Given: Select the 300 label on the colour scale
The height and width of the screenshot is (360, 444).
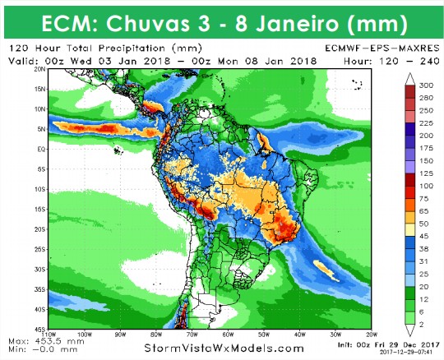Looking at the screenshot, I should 426,85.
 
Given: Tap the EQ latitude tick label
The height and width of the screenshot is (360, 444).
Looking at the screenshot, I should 39,149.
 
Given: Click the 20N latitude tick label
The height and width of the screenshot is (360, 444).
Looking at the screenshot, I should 39,70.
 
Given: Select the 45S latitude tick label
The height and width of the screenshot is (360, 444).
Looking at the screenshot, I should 39,330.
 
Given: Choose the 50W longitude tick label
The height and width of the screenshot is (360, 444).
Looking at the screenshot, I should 264,335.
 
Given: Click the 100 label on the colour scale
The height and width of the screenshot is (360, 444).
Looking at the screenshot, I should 426,185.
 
